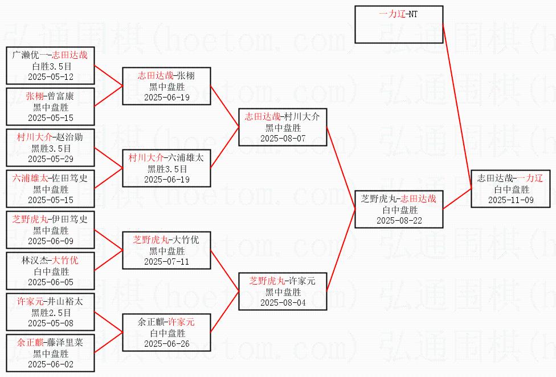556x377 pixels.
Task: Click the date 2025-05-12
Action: point(51,76)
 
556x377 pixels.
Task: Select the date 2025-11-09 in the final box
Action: point(510,200)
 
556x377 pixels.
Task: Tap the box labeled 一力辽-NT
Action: point(398,25)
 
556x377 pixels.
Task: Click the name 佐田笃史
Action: point(72,178)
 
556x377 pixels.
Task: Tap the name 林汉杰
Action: point(32,260)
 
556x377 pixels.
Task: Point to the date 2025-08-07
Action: point(283,138)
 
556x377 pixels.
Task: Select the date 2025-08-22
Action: point(399,220)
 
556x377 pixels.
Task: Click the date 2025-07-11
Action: point(166,261)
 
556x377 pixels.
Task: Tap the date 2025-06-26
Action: point(166,343)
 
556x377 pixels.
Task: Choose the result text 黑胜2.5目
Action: point(51,312)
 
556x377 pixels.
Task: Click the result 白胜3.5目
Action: point(51,66)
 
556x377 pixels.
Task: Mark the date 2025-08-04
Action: point(283,302)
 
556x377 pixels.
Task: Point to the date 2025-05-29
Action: point(51,159)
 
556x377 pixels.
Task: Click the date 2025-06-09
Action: point(51,241)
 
